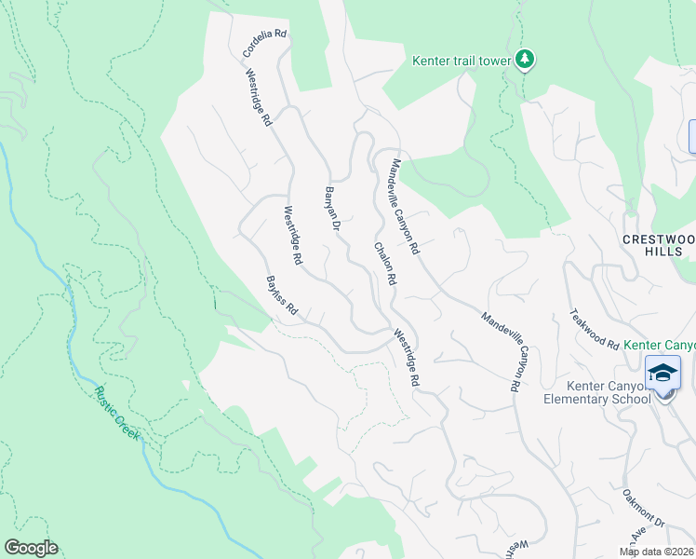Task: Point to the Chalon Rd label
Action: (x=386, y=264)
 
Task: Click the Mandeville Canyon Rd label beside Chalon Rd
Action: (x=406, y=207)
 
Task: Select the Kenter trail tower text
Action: (x=462, y=61)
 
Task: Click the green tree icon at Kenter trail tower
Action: (x=526, y=60)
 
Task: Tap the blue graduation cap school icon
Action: (x=663, y=373)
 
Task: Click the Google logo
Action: (x=31, y=548)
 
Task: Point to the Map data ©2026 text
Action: (x=657, y=552)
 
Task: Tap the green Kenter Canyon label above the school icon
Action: (x=660, y=345)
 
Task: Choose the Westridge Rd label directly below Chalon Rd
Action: (x=407, y=358)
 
